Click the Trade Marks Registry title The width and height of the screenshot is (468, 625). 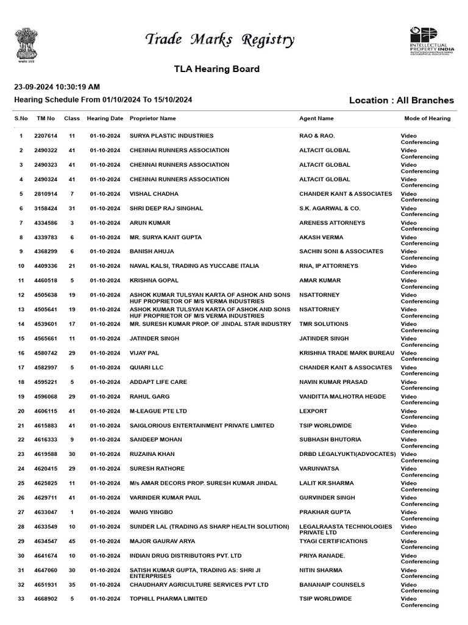(x=219, y=40)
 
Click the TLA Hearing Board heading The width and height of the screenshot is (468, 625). (x=217, y=69)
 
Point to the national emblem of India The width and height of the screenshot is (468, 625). (x=26, y=43)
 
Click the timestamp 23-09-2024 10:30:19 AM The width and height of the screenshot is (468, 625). (x=57, y=87)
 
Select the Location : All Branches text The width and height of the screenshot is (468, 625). (x=401, y=100)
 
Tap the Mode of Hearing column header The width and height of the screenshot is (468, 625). (x=427, y=118)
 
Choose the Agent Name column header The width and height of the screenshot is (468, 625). (x=316, y=118)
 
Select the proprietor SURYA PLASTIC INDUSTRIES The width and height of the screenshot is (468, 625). (x=171, y=135)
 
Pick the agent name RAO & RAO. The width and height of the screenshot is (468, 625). (x=317, y=135)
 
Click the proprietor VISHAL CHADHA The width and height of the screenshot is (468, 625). (x=154, y=193)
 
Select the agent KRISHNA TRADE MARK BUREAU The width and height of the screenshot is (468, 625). (x=347, y=353)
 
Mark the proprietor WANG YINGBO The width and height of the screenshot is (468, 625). (x=151, y=512)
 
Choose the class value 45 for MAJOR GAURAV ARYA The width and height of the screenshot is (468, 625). (x=72, y=541)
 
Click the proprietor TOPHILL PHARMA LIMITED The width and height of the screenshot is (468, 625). (x=168, y=599)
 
